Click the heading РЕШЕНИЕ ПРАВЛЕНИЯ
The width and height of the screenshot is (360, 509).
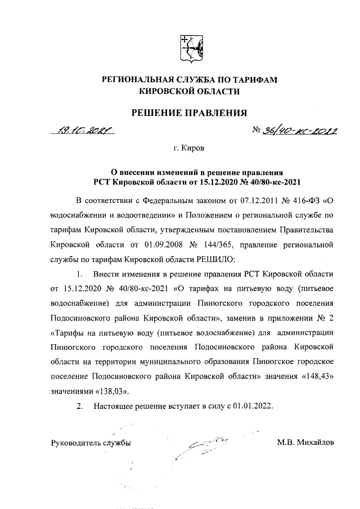[189, 113]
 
